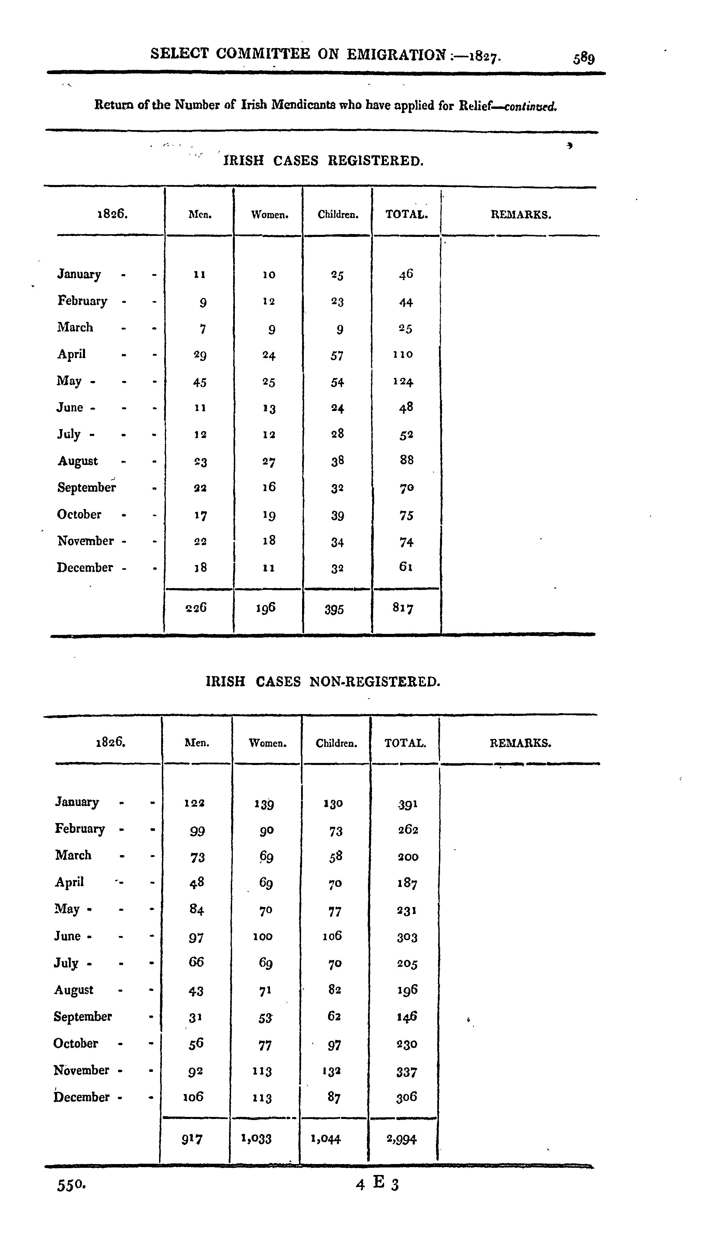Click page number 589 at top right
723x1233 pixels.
coord(584,58)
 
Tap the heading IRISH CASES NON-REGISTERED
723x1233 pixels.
coord(323,682)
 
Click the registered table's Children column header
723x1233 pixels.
coord(338,214)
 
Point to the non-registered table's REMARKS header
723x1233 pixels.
coord(521,743)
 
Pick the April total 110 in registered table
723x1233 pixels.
coord(403,354)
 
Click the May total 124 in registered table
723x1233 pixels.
coord(403,381)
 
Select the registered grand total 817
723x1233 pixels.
coord(403,608)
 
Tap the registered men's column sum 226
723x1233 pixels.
coord(196,608)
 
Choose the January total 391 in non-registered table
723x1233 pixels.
coord(407,804)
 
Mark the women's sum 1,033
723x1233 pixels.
coord(256,1138)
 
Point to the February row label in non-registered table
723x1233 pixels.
coord(80,828)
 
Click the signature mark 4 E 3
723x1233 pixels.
coord(378,1183)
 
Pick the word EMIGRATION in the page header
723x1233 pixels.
coord(397,54)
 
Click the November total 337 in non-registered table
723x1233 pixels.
coord(407,1072)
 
